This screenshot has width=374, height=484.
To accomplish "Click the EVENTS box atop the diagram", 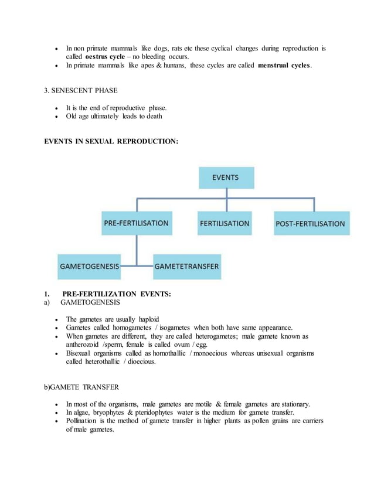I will [226, 177].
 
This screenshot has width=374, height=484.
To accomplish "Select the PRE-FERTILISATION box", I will [136, 223].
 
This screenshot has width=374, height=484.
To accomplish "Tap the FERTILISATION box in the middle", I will [225, 223].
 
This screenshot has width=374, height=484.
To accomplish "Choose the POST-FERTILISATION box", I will [310, 223].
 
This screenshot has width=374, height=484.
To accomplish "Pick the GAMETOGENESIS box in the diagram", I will [89, 267].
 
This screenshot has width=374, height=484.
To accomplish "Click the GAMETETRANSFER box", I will [186, 267].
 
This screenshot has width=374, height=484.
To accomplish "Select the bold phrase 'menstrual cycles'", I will [284, 66].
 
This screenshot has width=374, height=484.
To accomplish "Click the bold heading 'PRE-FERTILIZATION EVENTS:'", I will [117, 294].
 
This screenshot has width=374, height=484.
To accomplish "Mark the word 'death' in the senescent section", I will [152, 116].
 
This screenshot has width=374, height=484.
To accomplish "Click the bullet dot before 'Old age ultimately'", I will [56, 117].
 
